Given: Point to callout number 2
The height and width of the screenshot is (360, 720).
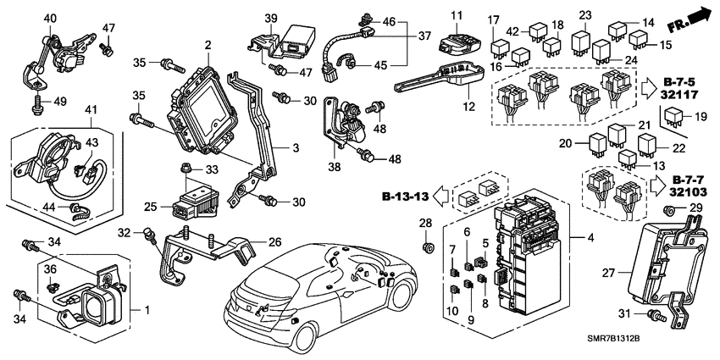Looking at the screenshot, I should click(x=208, y=44).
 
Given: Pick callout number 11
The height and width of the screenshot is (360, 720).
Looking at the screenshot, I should click(x=480, y=16).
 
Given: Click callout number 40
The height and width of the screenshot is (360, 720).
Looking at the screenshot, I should click(x=50, y=18).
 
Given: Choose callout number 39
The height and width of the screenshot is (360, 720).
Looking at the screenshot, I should click(x=271, y=19).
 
